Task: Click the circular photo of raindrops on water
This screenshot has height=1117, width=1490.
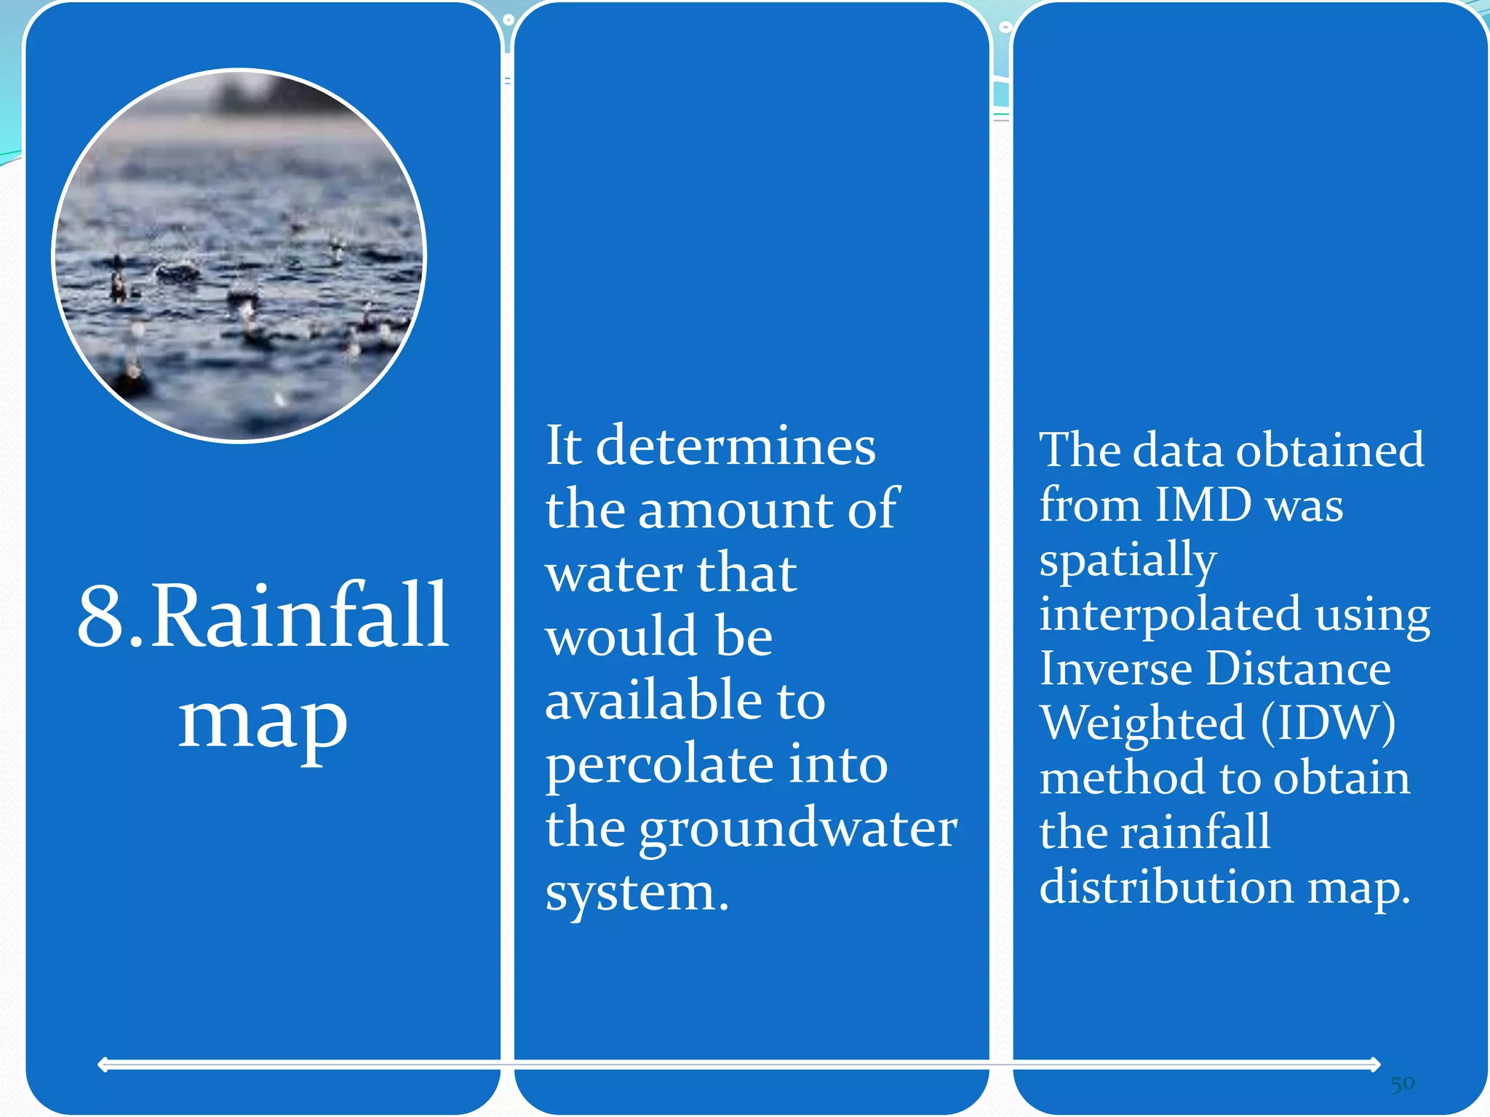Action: click(x=239, y=255)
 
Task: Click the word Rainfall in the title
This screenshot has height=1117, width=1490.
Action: click(x=300, y=617)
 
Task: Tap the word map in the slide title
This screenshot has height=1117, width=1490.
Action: click(x=263, y=721)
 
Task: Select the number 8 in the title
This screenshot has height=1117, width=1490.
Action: click(x=100, y=617)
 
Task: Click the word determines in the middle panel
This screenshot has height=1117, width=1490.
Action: click(x=736, y=446)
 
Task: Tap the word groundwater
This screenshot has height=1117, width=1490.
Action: click(x=798, y=829)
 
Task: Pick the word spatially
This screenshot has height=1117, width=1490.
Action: click(x=1128, y=560)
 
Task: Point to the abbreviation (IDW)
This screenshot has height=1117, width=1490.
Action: click(x=1328, y=723)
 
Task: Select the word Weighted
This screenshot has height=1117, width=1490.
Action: click(x=1142, y=723)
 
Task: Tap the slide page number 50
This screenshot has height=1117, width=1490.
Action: click(x=1402, y=1084)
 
